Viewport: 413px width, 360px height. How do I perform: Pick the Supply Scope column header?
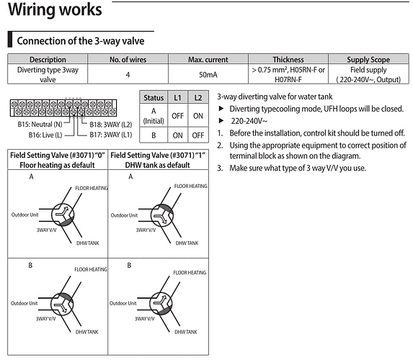click(x=368, y=59)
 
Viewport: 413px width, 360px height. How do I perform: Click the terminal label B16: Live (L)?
click(x=35, y=134)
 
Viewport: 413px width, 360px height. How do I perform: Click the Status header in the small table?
click(x=154, y=96)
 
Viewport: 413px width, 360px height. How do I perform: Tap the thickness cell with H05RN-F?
click(x=288, y=75)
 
